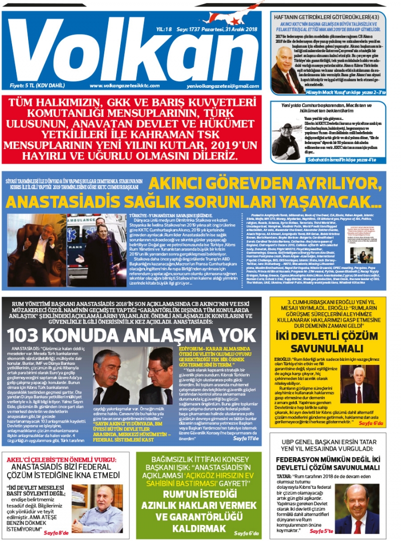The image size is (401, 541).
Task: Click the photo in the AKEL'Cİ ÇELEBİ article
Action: pyautogui.click(x=97, y=508)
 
